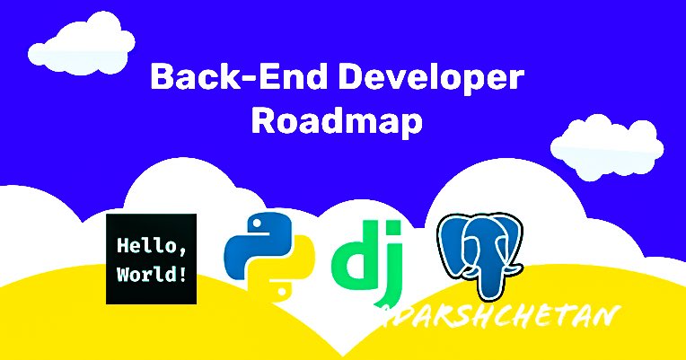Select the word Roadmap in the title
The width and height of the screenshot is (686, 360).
click(x=337, y=120)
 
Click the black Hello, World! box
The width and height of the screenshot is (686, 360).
click(x=151, y=259)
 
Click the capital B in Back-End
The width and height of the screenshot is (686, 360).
click(x=161, y=77)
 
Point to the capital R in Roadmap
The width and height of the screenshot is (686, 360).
click(x=264, y=120)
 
